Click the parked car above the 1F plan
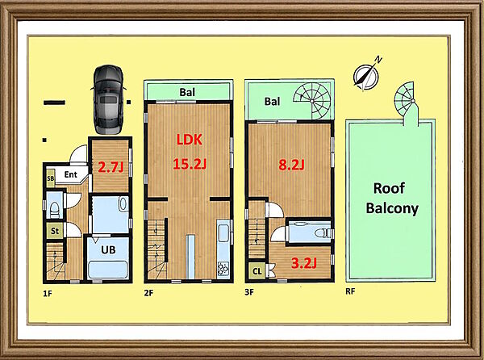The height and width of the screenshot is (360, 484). pos(108,99)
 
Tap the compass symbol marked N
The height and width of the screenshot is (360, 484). pos(366,74)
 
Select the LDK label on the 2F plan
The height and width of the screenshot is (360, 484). pos(190,140)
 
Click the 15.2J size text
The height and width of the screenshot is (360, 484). pos(190,164)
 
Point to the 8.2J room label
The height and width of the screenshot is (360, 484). pos(291,165)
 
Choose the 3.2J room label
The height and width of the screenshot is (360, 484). pos(304,263)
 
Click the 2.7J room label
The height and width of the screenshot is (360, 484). pos(111,167)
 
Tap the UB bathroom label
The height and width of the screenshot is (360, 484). pos(108,249)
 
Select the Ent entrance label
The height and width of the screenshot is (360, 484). pos(71,174)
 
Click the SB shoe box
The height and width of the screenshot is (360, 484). pos(50,178)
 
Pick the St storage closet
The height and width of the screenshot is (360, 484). pos(55,231)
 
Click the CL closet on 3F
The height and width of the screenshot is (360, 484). pos(257,271)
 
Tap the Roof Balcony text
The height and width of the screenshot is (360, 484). pos(392,199)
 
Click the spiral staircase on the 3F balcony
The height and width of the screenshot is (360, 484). pos(312,101)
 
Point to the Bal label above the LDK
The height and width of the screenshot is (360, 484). pos(187,92)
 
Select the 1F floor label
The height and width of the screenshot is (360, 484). pos(48,293)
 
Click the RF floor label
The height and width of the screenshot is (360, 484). pos(350,291)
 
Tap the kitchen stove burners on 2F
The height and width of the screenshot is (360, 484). pos(223,269)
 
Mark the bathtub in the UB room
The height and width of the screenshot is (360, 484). pos(108,270)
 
